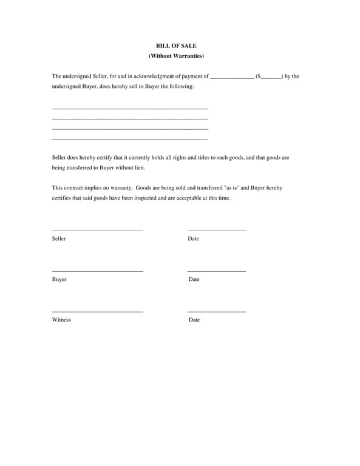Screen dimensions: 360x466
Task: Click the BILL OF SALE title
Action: [176, 46]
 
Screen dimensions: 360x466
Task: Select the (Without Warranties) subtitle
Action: [176, 56]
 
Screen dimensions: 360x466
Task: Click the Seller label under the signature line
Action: [59, 238]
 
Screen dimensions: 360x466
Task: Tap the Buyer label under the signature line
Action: [59, 279]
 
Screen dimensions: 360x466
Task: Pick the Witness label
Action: [61, 320]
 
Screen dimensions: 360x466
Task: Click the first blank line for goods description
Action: [130, 109]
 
